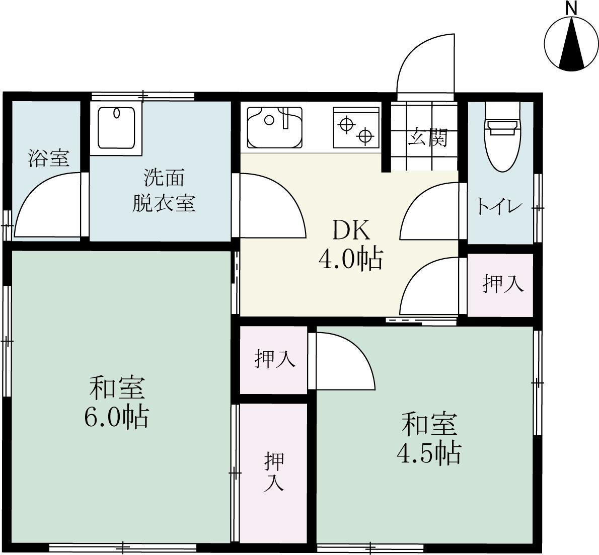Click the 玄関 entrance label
point(427,137)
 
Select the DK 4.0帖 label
point(351,246)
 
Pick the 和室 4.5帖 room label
point(429,439)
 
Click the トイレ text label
point(499,206)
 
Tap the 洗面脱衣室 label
point(164,191)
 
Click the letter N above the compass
point(571,8)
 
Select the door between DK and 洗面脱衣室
point(272,204)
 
